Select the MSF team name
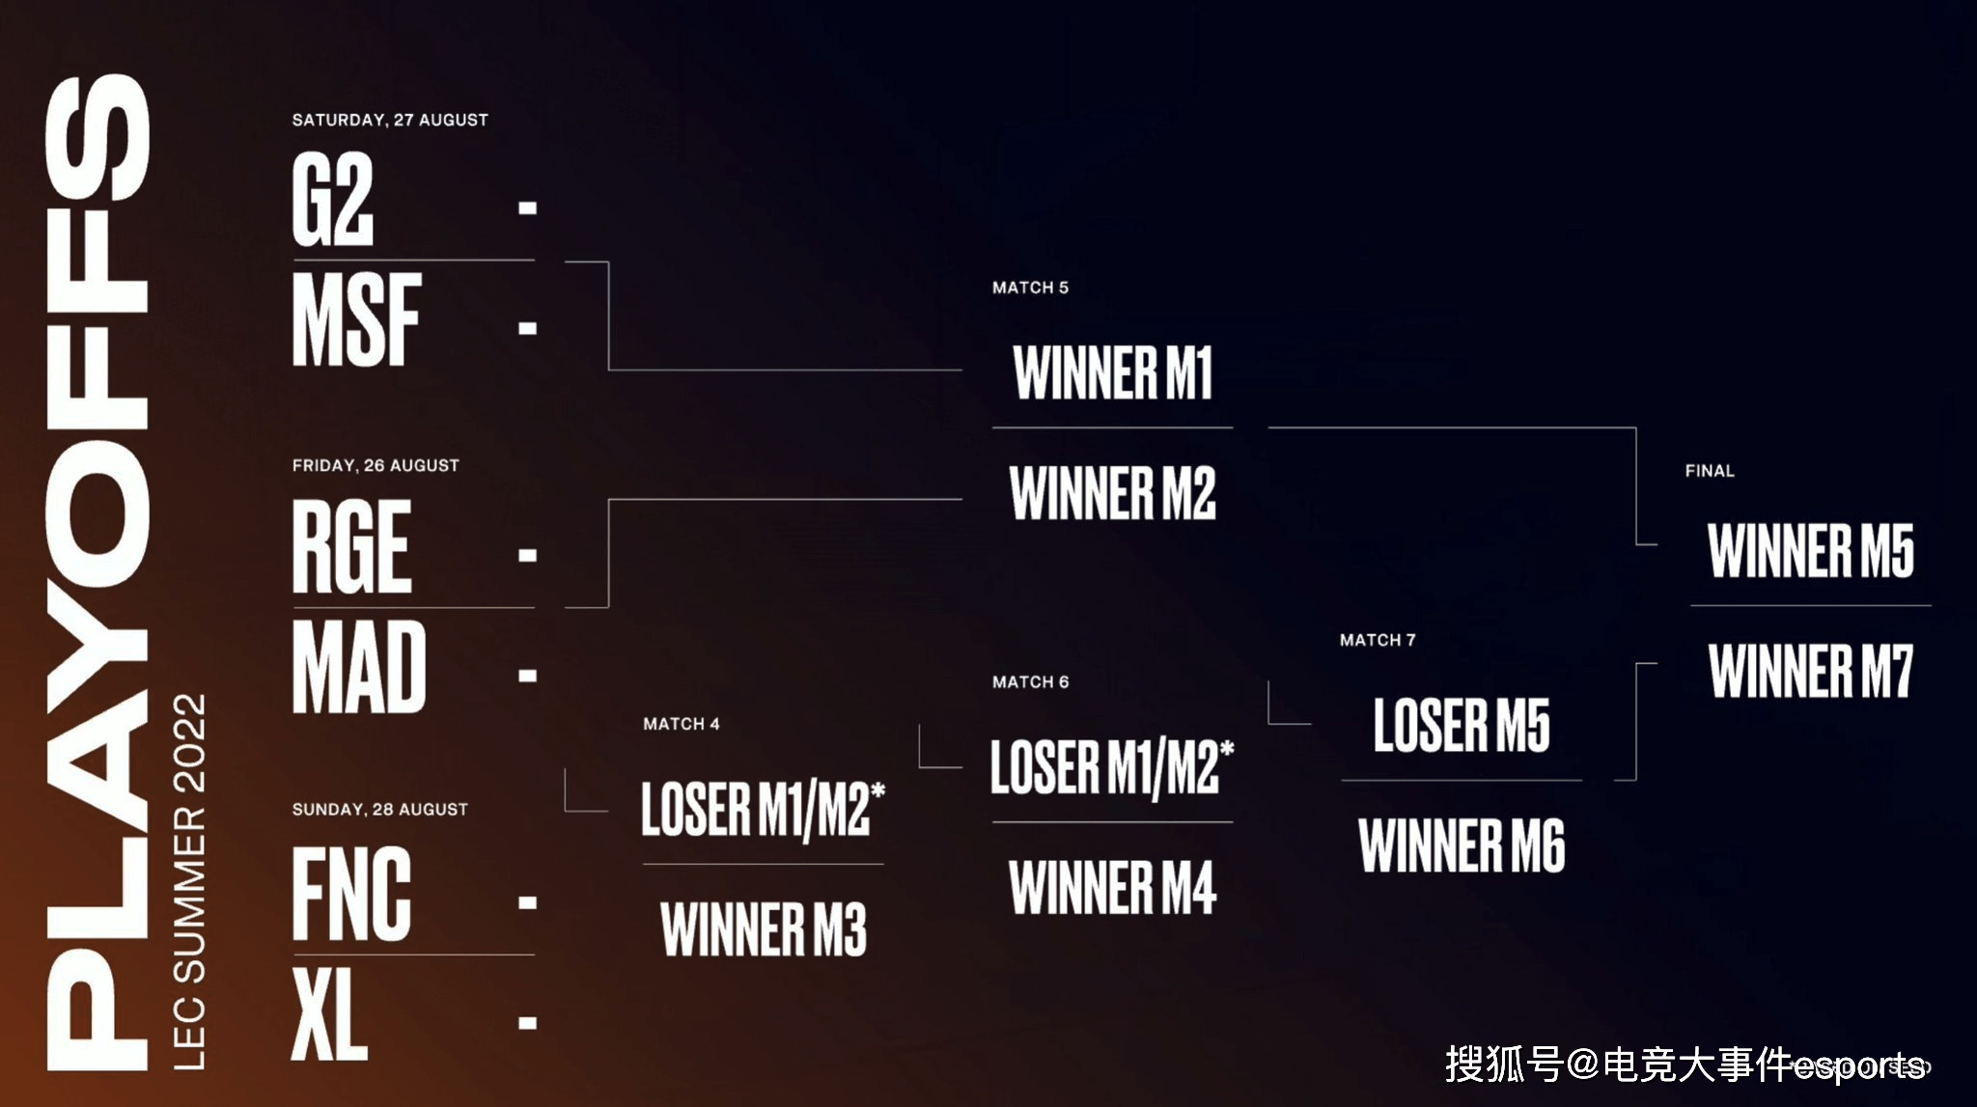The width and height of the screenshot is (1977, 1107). (357, 319)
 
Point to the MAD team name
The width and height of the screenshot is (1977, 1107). (359, 667)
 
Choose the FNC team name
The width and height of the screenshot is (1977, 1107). (352, 894)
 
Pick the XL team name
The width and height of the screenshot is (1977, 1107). (329, 1013)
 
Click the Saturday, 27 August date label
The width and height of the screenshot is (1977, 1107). (390, 121)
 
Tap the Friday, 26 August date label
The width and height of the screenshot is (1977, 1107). (376, 465)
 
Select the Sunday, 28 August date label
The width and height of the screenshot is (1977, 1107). (380, 810)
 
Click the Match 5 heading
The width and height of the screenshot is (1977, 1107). (1030, 288)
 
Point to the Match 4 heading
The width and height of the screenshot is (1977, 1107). (682, 724)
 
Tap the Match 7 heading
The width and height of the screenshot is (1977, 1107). (1378, 640)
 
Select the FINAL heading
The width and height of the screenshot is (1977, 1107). (1710, 471)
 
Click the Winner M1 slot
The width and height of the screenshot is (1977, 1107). (1113, 373)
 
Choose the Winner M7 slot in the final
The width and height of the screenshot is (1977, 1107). (1811, 671)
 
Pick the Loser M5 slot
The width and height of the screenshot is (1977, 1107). (1462, 725)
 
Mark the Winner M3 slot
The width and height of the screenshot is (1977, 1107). (764, 929)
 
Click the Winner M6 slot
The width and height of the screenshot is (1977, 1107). (1462, 845)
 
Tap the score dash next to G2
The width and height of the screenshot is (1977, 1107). (527, 208)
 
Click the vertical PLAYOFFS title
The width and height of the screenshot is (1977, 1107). (97, 571)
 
